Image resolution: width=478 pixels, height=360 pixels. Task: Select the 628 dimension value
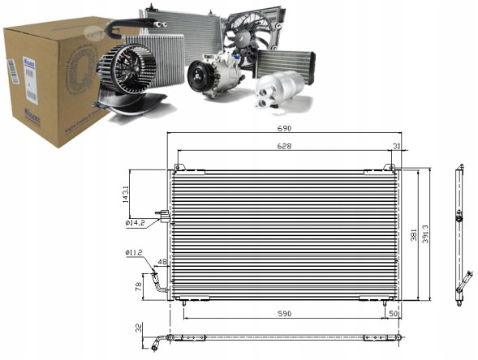pyautogui.click(x=282, y=147)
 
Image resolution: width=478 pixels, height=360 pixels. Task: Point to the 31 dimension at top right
pyautogui.click(x=397, y=147)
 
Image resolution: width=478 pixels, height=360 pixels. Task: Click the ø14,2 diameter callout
pyautogui.click(x=135, y=223)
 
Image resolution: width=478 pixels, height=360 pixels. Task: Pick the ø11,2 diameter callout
pyautogui.click(x=134, y=252)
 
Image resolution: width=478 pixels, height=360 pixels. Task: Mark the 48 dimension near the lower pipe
pyautogui.click(x=161, y=262)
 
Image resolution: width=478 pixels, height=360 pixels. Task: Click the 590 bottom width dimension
pyautogui.click(x=285, y=312)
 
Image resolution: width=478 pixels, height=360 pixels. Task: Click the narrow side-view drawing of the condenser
pyautogui.click(x=459, y=235)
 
